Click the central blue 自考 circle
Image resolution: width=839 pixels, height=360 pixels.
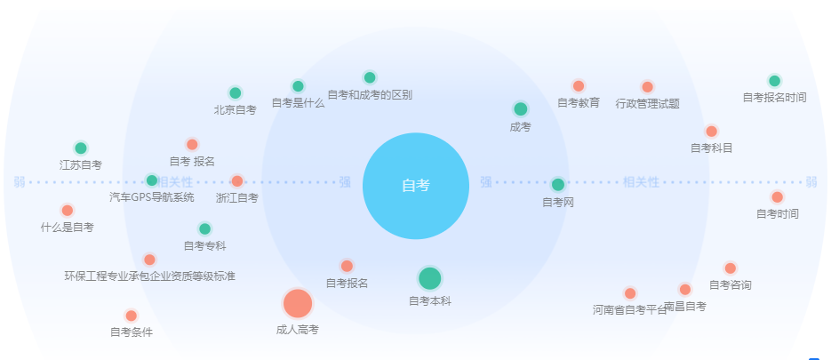coord(416,186)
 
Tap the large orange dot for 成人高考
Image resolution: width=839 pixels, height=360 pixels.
coord(298,303)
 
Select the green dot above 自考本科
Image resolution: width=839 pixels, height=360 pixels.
coord(429,278)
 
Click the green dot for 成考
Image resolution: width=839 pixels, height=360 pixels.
coord(521,109)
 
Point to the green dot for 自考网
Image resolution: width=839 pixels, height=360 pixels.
coord(558,185)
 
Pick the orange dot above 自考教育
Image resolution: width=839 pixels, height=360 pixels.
coord(579,85)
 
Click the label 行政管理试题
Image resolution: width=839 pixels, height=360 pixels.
coord(647,103)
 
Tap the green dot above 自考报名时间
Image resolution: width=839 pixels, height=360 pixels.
coord(774,81)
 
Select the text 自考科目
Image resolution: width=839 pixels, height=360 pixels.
coord(711,148)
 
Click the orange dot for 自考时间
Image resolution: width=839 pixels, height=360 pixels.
coord(778,196)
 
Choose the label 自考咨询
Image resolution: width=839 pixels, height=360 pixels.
coord(731,285)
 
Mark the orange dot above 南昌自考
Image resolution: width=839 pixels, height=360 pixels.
coord(685,290)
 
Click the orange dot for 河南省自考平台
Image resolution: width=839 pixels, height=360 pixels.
coord(630,293)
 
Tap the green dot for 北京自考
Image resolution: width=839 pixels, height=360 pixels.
coord(236,93)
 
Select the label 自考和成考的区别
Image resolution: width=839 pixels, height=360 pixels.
coord(370,95)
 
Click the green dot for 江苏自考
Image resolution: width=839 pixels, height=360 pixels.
coord(81,148)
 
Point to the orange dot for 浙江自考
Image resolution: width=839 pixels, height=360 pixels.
coord(237,180)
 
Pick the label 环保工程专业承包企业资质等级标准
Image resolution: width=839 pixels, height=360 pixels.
coord(150,276)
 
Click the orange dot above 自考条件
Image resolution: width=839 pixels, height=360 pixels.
coord(132,316)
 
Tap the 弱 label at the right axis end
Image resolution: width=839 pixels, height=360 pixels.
coord(811,182)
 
